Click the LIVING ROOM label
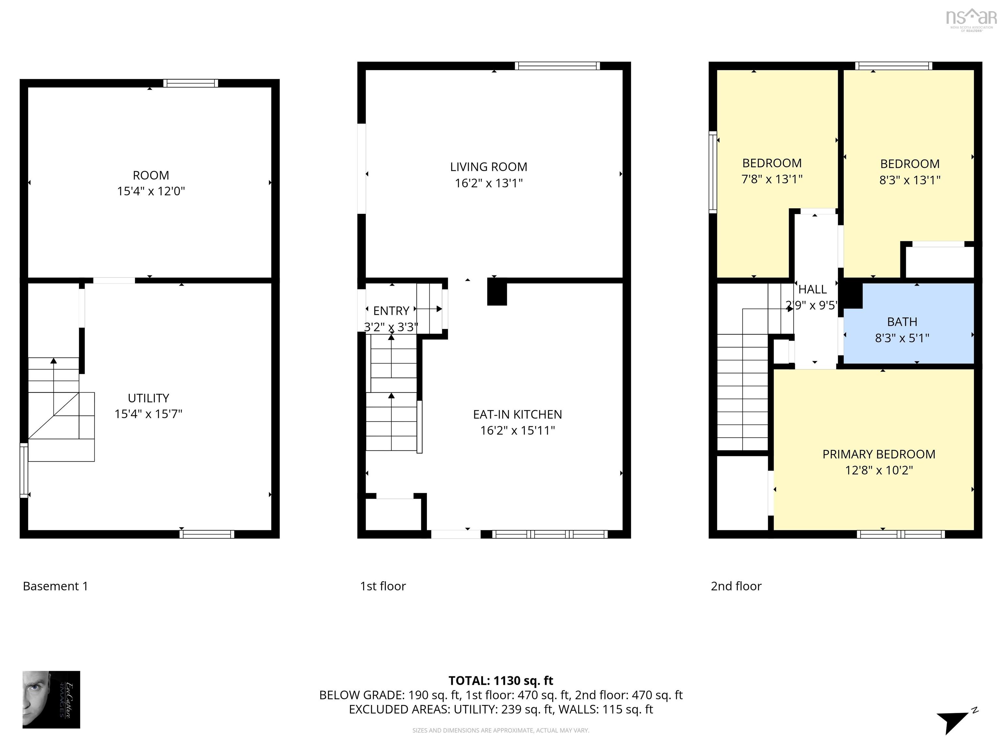(x=488, y=167)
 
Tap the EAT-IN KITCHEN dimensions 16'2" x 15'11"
(x=517, y=431)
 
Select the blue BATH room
(x=908, y=324)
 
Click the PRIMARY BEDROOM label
(x=878, y=454)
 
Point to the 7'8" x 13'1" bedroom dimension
(x=771, y=179)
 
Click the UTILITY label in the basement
(x=148, y=398)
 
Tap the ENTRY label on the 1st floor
(x=391, y=311)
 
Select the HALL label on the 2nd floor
(x=812, y=289)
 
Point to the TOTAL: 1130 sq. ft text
(x=501, y=681)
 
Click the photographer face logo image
(x=51, y=700)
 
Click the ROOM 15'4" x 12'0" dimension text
(x=151, y=191)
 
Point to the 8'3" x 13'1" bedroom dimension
(x=909, y=180)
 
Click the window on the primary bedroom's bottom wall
(x=901, y=534)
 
